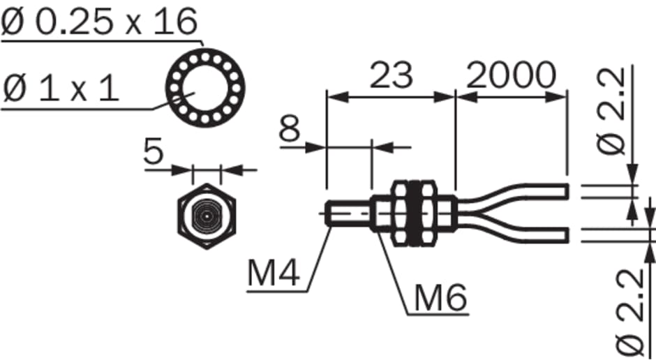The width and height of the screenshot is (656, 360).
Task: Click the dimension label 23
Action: (x=392, y=75)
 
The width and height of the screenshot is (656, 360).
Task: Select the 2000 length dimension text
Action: (x=511, y=75)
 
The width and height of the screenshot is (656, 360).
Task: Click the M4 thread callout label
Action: (x=274, y=273)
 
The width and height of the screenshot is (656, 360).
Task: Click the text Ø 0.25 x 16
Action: (x=99, y=22)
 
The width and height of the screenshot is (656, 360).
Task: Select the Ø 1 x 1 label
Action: (x=61, y=89)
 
